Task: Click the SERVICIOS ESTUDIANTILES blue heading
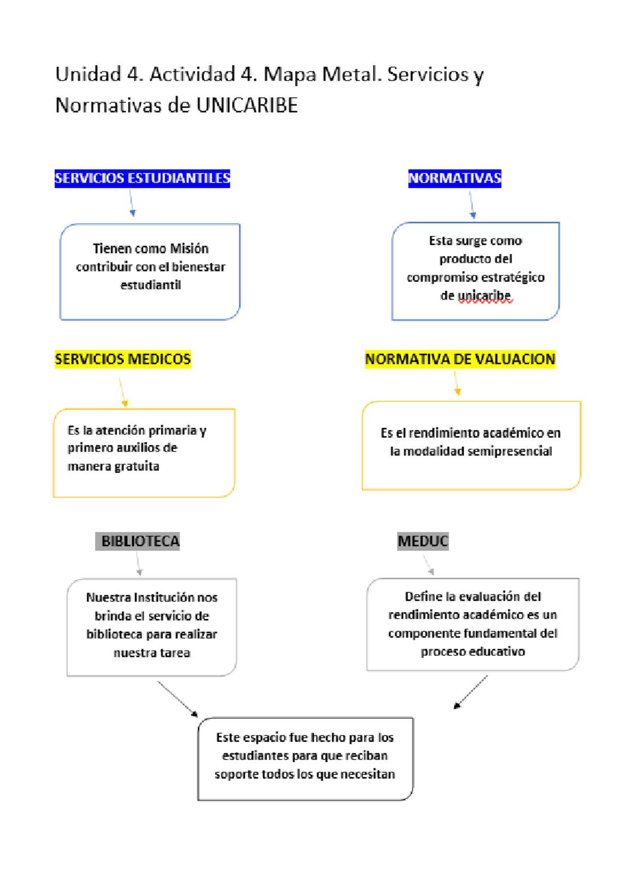142,179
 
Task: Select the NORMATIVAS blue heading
454,179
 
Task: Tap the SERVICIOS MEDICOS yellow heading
123,359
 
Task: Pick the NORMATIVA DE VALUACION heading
460,359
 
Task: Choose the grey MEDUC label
423,541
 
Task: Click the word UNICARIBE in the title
247,105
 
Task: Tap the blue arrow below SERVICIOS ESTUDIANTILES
132,203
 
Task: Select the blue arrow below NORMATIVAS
471,205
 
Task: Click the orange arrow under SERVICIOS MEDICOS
122,392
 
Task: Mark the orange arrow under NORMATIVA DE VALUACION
457,384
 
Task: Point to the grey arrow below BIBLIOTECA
138,563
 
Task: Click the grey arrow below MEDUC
428,564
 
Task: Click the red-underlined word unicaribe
484,296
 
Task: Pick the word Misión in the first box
189,249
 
